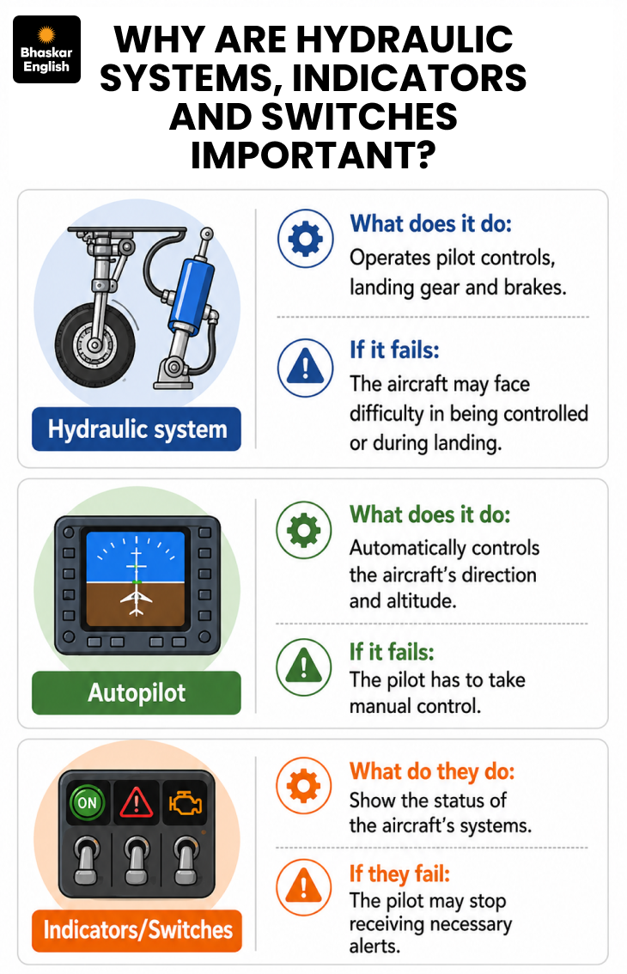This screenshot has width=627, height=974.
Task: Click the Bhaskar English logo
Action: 46,50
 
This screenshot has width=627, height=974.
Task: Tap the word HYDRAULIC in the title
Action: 405,40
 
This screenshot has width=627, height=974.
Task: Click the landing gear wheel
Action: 95,344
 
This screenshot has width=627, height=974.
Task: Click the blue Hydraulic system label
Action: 137,429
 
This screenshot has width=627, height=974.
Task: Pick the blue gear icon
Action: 305,239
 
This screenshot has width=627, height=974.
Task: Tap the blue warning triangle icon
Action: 305,368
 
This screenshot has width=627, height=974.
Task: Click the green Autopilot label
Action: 137,692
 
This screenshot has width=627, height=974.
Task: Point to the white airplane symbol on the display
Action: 136,602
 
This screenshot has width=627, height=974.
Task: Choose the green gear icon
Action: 304,531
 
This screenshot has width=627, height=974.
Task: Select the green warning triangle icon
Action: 304,667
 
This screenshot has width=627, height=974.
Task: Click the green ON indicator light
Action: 87,802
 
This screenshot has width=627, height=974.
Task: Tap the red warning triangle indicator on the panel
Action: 137,802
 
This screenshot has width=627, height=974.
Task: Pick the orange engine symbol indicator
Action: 186,802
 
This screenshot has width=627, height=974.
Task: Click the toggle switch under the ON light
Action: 87,860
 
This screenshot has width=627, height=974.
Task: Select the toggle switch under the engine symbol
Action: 186,860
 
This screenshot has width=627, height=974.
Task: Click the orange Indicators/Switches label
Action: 137,930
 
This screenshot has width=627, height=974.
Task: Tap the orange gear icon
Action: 304,785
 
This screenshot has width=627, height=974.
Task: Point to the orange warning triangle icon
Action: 304,886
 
